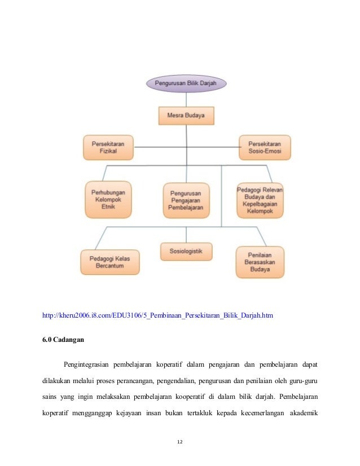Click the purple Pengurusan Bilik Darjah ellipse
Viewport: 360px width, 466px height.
point(186,84)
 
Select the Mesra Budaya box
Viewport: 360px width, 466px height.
point(186,117)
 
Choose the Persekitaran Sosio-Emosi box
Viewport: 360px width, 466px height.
point(265,148)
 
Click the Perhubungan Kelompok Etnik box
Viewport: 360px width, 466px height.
point(108,200)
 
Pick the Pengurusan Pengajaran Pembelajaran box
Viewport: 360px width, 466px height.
point(186,200)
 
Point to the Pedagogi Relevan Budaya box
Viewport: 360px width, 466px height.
point(260,200)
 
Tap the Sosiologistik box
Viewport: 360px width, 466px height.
point(186,250)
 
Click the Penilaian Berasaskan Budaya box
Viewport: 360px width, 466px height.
point(260,262)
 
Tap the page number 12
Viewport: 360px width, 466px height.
point(180,440)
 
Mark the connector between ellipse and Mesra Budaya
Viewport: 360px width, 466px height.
point(186,99)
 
